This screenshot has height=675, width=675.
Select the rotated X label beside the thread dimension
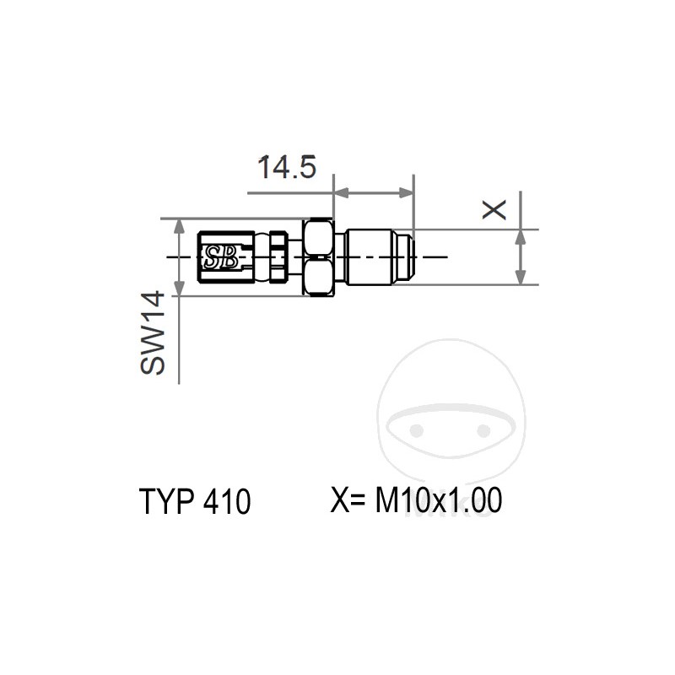(x=494, y=210)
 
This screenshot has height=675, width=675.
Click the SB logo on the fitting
(x=221, y=256)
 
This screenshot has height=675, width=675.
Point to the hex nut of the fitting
(x=319, y=256)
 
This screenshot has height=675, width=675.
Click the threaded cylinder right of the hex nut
(x=371, y=256)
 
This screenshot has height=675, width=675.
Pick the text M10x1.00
(x=439, y=501)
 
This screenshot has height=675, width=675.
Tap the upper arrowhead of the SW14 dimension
(x=179, y=224)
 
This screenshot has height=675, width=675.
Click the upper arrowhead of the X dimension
(x=521, y=236)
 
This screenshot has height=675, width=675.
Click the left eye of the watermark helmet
(x=415, y=430)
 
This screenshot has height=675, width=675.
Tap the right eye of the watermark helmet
(x=483, y=430)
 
